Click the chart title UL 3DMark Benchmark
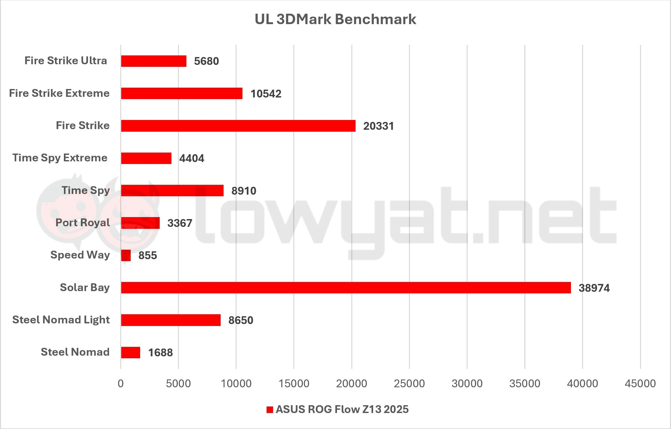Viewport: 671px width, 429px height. (335, 19)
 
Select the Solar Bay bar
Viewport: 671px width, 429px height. (346, 288)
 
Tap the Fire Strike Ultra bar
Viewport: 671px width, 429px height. (153, 61)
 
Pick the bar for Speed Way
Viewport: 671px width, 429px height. (126, 255)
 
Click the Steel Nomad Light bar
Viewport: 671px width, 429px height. (171, 320)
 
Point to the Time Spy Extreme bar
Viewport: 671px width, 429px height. (146, 158)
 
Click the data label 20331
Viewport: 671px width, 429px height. (378, 126)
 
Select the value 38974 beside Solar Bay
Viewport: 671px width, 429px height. (594, 288)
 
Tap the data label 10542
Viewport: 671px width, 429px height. (266, 94)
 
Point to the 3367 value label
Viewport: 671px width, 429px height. (180, 223)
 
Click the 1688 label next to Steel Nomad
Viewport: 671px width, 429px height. (160, 352)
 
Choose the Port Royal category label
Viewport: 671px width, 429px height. (82, 223)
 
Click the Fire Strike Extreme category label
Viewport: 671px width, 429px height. (59, 93)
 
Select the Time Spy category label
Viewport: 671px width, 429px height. (86, 190)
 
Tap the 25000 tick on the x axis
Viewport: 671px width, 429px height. (409, 383)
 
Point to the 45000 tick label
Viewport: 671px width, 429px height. (640, 383)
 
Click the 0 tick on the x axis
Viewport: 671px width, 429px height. (121, 383)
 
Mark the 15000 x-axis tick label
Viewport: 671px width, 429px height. (294, 383)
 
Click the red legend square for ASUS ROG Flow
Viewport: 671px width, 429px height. (270, 410)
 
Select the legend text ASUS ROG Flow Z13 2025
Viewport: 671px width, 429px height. (342, 409)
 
